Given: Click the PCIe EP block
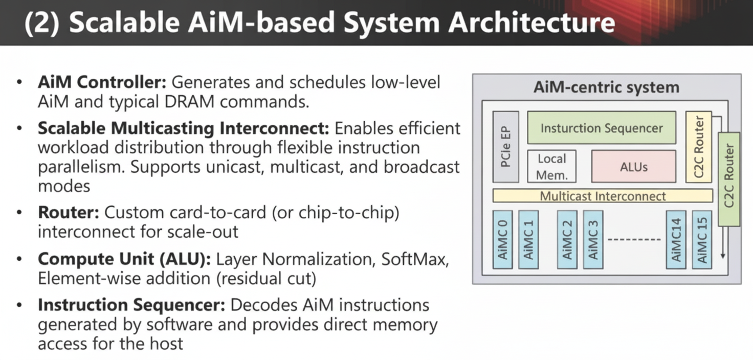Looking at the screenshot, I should pos(505,147).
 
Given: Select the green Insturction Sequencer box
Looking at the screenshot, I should pos(601,128).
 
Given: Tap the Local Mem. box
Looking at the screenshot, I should pos(552,167).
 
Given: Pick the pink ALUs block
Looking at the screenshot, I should pos(633,167).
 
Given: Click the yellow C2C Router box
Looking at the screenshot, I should pos(699,147).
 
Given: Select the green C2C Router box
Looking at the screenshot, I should pos(729,179).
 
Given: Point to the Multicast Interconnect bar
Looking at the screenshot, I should pos(603,196).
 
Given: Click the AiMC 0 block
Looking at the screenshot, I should pos(503,239).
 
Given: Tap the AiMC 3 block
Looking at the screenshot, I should pos(593,239).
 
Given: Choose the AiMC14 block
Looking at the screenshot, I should pos(676,239).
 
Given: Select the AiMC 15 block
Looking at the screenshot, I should pos(701,239).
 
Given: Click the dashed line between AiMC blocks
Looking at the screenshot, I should pos(634,239).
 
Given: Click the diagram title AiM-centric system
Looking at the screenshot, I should pos(606,87).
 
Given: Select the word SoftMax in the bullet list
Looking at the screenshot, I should pos(415,259).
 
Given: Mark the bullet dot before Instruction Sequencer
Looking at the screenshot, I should pos(19,305).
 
